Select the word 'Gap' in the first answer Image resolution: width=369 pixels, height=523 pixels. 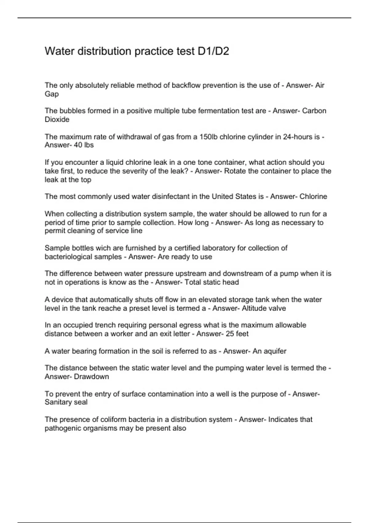point(52,94)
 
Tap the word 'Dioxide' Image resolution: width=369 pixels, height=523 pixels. point(57,119)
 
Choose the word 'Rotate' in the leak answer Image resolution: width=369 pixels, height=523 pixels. point(235,171)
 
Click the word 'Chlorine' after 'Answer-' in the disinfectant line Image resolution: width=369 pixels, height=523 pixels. point(313,196)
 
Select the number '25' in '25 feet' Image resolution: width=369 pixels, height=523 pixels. point(230,334)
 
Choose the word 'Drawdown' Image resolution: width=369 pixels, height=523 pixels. point(91,377)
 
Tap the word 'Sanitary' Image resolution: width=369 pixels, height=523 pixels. point(59,402)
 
